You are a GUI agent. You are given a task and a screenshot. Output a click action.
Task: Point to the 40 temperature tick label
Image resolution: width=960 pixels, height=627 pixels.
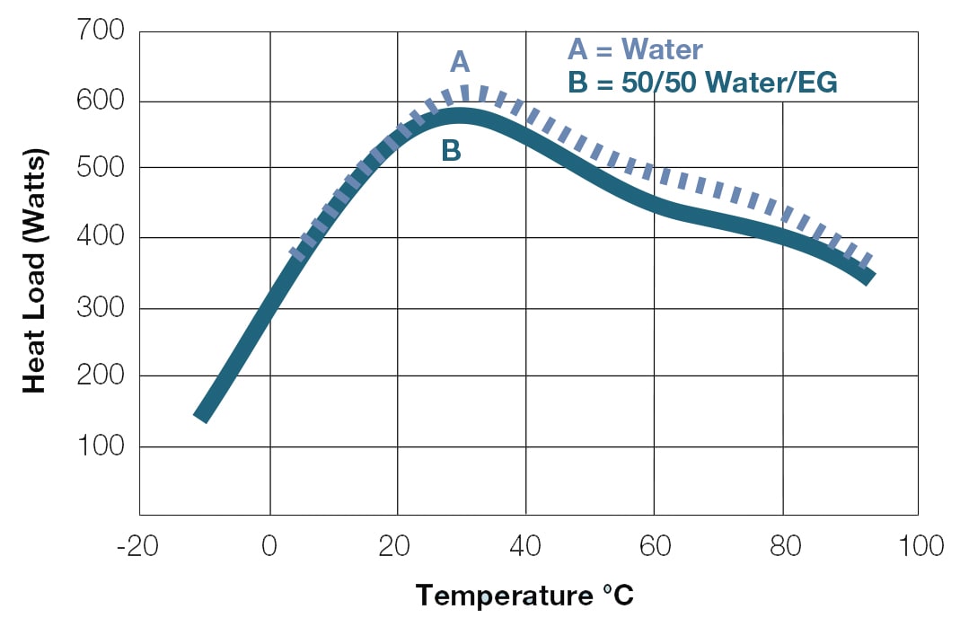coord(526,545)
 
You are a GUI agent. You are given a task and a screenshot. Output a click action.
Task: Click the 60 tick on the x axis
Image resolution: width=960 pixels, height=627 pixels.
coord(655,545)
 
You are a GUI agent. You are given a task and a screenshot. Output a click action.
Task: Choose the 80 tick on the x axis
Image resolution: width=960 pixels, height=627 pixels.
coord(783,545)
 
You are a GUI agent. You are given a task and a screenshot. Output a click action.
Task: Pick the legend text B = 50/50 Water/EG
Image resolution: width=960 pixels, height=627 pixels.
coord(702,84)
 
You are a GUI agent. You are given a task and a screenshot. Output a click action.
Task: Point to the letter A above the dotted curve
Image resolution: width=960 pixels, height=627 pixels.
coord(460,61)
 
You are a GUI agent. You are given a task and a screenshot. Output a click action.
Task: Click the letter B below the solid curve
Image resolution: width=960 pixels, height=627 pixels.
coord(451,151)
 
